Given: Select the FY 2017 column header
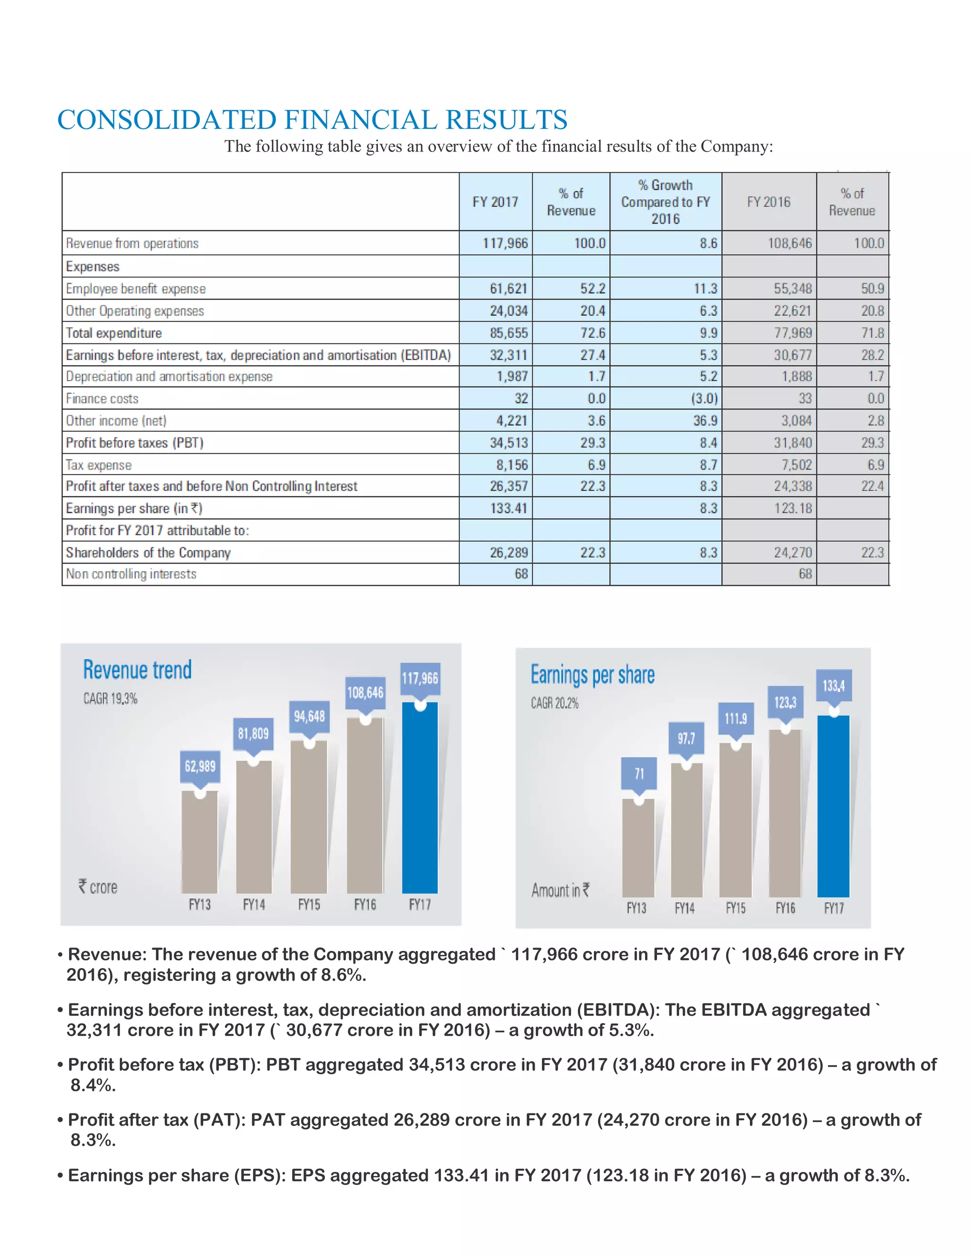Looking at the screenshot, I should pyautogui.click(x=495, y=202).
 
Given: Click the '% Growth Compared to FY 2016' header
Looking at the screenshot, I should pyautogui.click(x=665, y=202).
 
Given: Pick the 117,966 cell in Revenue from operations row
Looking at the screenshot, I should pyautogui.click(x=504, y=243).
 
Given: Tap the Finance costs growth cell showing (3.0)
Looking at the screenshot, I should pyautogui.click(x=703, y=398).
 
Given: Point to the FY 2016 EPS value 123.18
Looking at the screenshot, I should pyautogui.click(x=792, y=509).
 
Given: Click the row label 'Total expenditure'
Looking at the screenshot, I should pyautogui.click(x=114, y=333).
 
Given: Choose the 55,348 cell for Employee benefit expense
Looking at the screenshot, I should pyautogui.click(x=792, y=288).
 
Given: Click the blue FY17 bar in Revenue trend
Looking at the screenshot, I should pyautogui.click(x=420, y=799).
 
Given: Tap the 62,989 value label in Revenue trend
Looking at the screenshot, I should pyautogui.click(x=199, y=767).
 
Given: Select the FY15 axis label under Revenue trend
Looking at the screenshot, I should pyautogui.click(x=309, y=905).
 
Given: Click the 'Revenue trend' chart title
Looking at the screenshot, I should pyautogui.click(x=137, y=670).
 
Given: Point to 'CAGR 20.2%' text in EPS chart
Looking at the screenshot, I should pyautogui.click(x=555, y=703).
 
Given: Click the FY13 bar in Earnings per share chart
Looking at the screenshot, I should pyautogui.click(x=638, y=848).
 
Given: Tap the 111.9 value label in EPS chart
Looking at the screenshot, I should pyautogui.click(x=735, y=719).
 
